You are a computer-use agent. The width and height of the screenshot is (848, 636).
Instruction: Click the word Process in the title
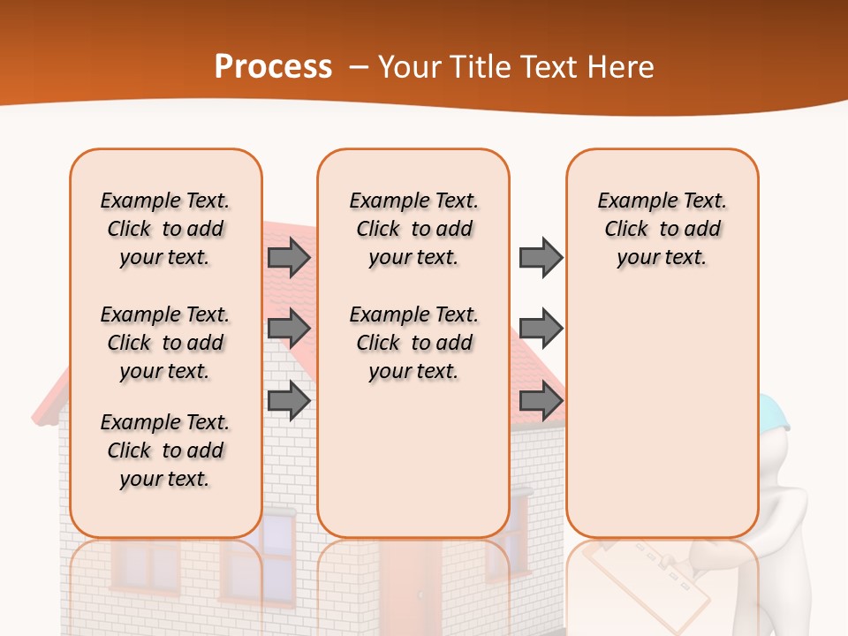[x=273, y=67]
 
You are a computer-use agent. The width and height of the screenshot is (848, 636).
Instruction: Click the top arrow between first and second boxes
[x=289, y=258]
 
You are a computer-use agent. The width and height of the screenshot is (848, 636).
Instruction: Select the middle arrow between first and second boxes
[x=289, y=329]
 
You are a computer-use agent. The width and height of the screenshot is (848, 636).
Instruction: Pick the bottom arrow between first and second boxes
[x=289, y=400]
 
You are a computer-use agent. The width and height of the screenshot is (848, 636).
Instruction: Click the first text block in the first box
[x=165, y=229]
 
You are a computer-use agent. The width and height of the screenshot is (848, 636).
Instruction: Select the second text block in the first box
[x=165, y=343]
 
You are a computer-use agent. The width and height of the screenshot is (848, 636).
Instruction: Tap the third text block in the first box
[x=165, y=450]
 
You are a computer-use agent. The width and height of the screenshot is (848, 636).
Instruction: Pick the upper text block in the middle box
[x=413, y=229]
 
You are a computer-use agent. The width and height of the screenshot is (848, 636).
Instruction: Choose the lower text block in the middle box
[x=413, y=343]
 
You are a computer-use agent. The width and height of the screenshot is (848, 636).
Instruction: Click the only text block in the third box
[x=662, y=229]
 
